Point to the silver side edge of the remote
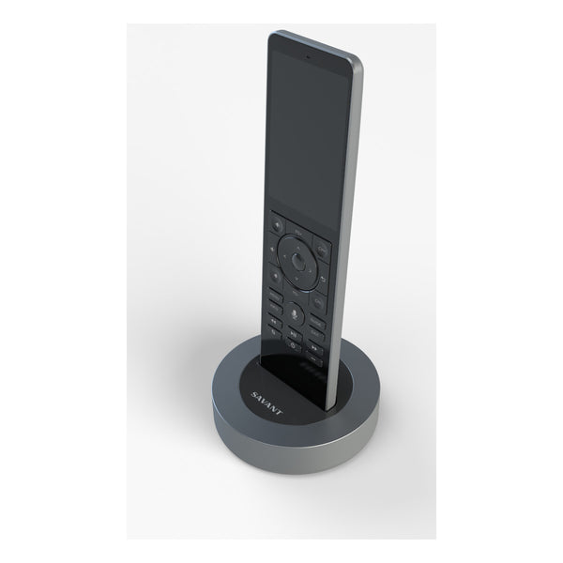pyautogui.click(x=349, y=188)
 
